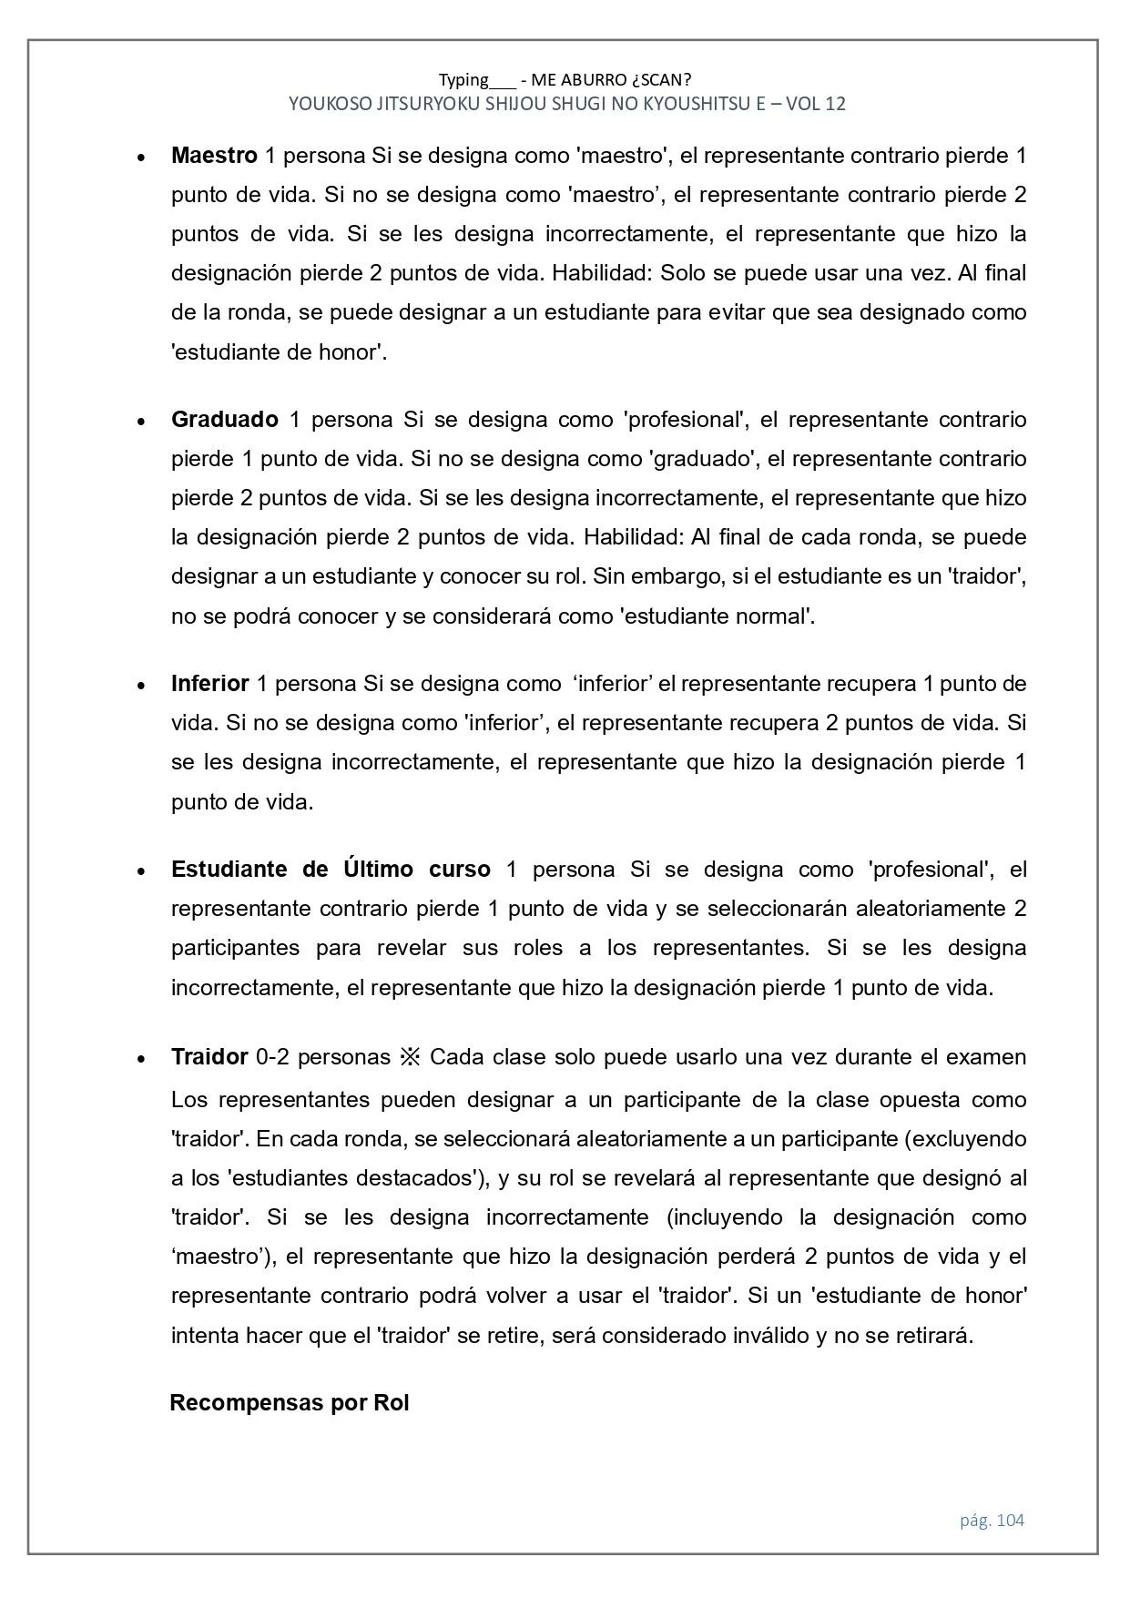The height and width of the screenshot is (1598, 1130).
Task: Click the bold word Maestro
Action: tap(214, 156)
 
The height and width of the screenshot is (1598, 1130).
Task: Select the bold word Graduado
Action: tap(224, 420)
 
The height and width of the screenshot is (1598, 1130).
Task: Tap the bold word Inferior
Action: tap(209, 684)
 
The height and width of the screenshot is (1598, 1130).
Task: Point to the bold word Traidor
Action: tap(209, 1057)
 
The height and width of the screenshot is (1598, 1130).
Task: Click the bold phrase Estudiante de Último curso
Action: tap(331, 870)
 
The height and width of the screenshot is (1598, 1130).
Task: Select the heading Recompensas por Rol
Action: tap(290, 1402)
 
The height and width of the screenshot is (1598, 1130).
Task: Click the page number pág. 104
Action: tap(992, 1520)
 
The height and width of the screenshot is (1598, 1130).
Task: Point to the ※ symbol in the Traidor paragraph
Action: tap(409, 1057)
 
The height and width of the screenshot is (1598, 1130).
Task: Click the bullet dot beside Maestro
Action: tap(141, 158)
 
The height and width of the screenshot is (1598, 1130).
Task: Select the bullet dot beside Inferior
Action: tap(141, 686)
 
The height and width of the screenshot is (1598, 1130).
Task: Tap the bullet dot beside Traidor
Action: tap(141, 1059)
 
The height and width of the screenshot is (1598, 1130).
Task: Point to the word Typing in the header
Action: tap(463, 80)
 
